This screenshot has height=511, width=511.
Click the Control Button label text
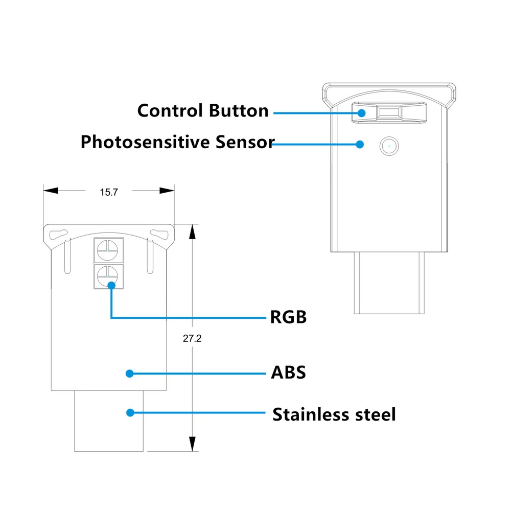pyautogui.click(x=203, y=111)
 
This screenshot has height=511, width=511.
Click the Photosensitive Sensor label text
pyautogui.click(x=177, y=142)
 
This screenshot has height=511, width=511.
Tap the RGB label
pyautogui.click(x=288, y=317)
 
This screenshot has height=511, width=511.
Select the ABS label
pyautogui.click(x=288, y=373)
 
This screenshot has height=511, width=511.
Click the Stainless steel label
pyautogui.click(x=334, y=414)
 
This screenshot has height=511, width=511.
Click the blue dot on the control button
pyautogui.click(x=361, y=113)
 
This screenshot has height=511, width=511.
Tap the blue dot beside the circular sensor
pyautogui.click(x=360, y=144)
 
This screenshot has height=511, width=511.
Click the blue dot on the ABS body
pyautogui.click(x=130, y=374)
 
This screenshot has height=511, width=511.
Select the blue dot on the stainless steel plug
pyautogui.click(x=130, y=412)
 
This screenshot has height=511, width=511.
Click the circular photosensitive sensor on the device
pyautogui.click(x=389, y=146)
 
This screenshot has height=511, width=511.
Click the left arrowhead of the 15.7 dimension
pyautogui.click(x=50, y=191)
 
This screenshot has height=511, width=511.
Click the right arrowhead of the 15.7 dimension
pyautogui.click(x=168, y=191)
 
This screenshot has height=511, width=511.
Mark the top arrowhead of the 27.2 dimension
pyautogui.click(x=192, y=231)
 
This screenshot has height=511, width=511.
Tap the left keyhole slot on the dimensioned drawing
pyautogui.click(x=59, y=234)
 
